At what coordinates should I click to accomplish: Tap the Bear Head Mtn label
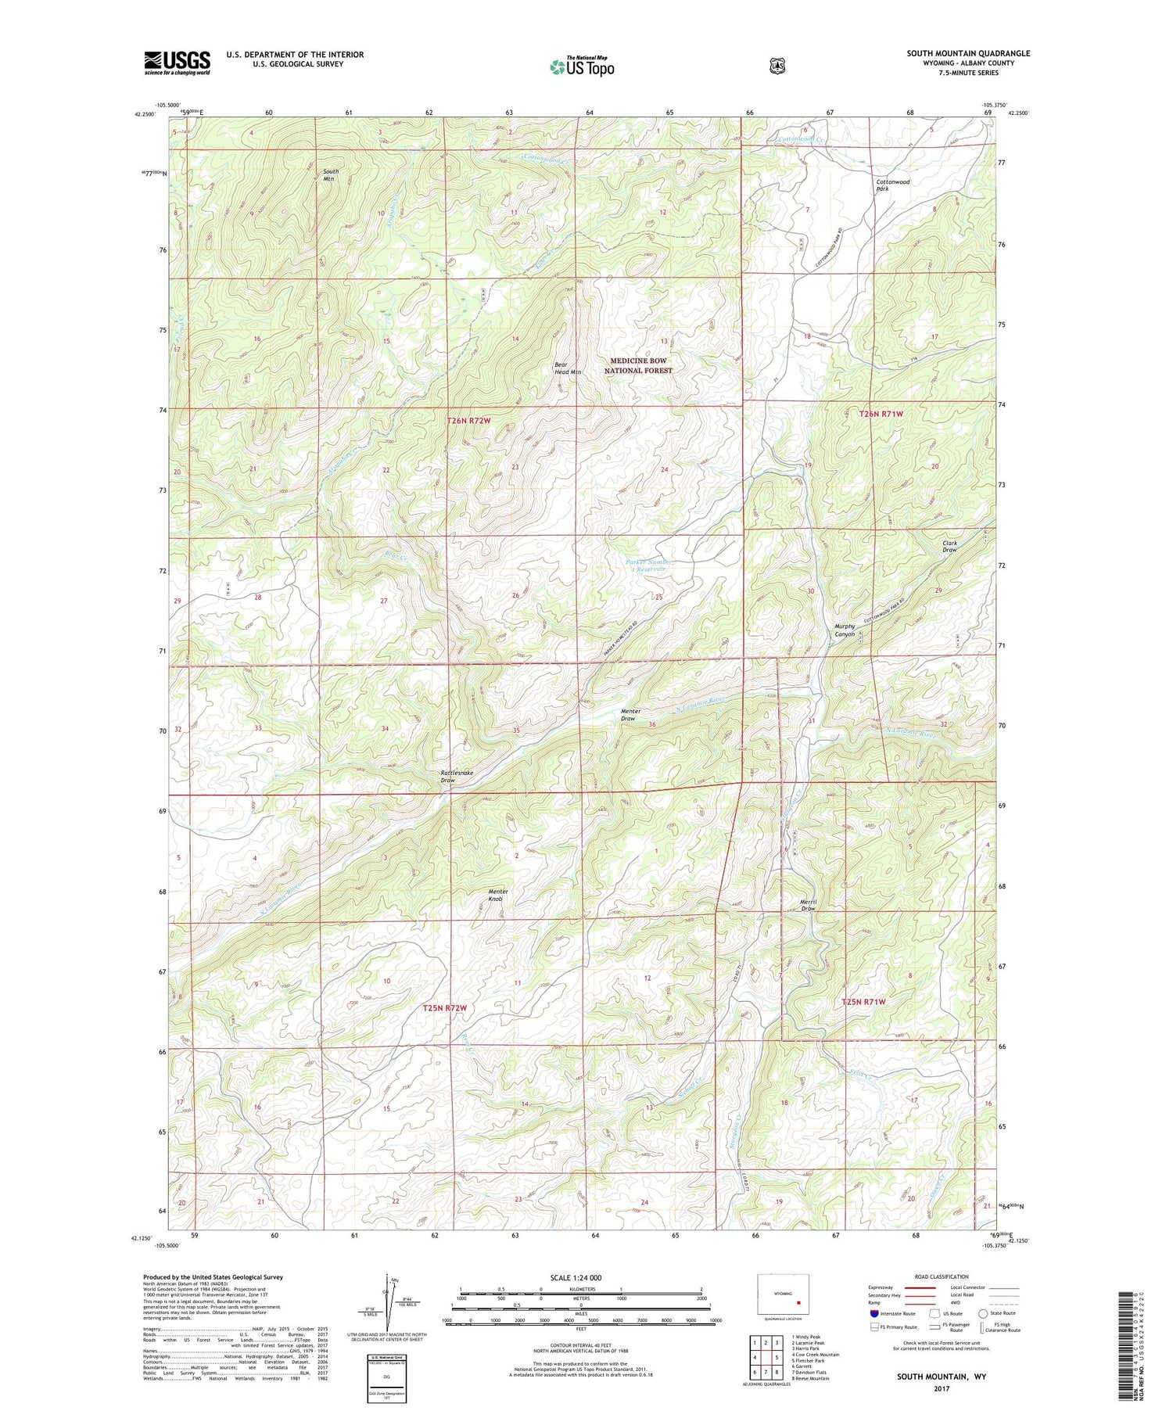pyautogui.click(x=568, y=368)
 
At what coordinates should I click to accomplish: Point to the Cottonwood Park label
pyautogui.click(x=892, y=185)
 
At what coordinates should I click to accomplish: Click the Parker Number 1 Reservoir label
pyautogui.click(x=649, y=565)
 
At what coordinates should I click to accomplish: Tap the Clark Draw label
pyautogui.click(x=949, y=546)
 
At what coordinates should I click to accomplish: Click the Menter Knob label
pyautogui.click(x=498, y=895)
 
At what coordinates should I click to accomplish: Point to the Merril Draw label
pyautogui.click(x=808, y=905)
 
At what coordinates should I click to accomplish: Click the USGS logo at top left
pyautogui.click(x=177, y=63)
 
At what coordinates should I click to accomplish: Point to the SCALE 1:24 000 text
pyautogui.click(x=580, y=1278)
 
